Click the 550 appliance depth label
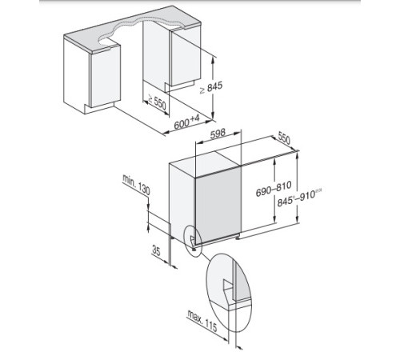[x=281, y=138]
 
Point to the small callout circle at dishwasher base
[x=192, y=238]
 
